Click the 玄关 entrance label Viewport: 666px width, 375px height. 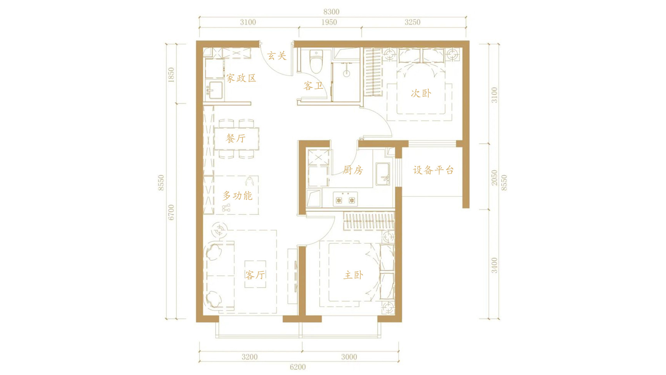click(x=277, y=56)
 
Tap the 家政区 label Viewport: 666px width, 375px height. click(x=241, y=78)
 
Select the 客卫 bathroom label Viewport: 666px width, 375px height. click(x=313, y=86)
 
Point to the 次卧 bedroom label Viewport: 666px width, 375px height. click(x=421, y=93)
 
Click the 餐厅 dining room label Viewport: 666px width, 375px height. click(x=236, y=139)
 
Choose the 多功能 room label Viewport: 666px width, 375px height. click(x=238, y=196)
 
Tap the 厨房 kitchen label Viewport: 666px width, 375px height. click(x=353, y=170)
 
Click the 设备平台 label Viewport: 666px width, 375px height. click(x=434, y=170)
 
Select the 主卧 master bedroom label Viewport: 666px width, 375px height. click(x=353, y=275)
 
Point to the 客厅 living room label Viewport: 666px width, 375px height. click(x=255, y=275)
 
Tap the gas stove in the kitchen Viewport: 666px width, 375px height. click(x=345, y=199)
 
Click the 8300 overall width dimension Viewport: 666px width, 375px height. click(x=331, y=12)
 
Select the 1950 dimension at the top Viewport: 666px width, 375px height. click(x=329, y=22)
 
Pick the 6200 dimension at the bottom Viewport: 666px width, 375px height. click(x=298, y=367)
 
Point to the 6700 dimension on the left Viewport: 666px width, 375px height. click(x=171, y=212)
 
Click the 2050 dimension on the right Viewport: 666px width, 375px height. click(x=494, y=178)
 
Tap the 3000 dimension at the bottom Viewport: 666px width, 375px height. click(x=349, y=357)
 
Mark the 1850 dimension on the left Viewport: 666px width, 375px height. click(x=171, y=75)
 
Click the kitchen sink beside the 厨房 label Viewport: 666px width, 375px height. click(x=383, y=174)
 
